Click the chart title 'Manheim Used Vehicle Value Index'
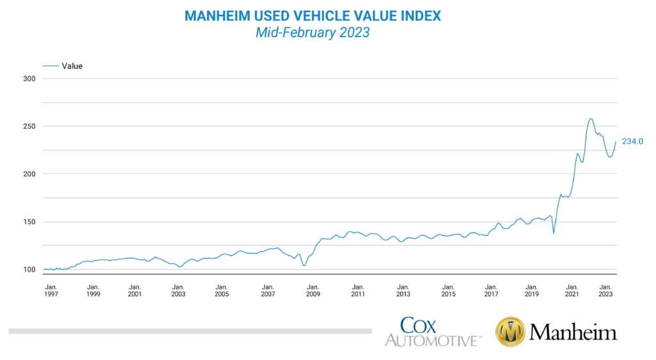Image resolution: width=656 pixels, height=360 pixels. tap(313, 15)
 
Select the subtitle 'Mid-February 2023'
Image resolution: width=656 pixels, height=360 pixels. tap(313, 33)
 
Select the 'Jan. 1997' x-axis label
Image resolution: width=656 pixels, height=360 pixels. tap(51, 290)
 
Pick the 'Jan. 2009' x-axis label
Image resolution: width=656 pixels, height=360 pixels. tap(313, 290)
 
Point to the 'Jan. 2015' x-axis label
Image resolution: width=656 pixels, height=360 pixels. tap(448, 290)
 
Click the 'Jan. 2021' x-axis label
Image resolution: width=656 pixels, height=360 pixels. tap(571, 290)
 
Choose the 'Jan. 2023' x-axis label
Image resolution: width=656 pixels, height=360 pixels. tap(605, 290)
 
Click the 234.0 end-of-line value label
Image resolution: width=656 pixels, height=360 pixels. tap(632, 142)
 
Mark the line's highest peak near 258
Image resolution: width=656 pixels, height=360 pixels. tap(591, 119)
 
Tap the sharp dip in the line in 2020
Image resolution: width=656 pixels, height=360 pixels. tap(553, 233)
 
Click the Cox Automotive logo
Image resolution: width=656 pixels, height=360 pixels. tap(433, 332)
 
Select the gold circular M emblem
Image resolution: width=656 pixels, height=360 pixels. tap(511, 332)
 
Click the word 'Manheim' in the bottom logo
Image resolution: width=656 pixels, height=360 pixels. tap(573, 332)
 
